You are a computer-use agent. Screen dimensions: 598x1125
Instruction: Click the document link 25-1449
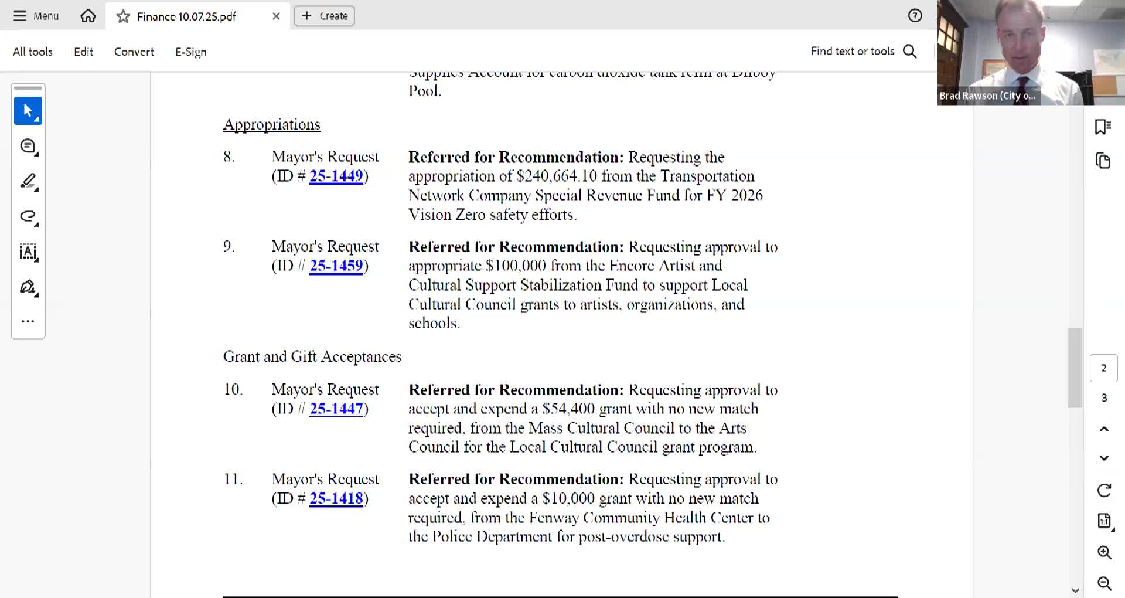(x=336, y=176)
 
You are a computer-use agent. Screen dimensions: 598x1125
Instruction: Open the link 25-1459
(x=336, y=266)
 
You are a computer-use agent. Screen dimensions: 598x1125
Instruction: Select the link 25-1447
(x=336, y=409)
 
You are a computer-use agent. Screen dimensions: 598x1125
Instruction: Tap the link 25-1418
(x=336, y=498)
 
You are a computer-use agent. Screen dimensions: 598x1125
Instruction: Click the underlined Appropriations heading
(x=271, y=124)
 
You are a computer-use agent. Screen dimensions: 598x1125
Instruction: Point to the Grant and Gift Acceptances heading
(x=312, y=356)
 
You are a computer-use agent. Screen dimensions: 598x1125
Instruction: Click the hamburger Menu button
(x=36, y=16)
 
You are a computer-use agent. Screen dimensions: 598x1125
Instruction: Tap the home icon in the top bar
(x=88, y=16)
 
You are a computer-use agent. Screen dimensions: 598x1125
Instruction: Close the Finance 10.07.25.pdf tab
(x=276, y=16)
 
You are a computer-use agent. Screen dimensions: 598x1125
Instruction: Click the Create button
(x=324, y=16)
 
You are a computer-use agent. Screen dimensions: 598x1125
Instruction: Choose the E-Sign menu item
(x=190, y=52)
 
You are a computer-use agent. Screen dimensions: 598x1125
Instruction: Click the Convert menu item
(x=134, y=52)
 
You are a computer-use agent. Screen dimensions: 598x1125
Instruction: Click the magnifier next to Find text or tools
(x=910, y=52)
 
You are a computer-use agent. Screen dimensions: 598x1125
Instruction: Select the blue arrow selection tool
(x=28, y=111)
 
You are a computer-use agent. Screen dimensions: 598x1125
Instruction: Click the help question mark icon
(x=915, y=16)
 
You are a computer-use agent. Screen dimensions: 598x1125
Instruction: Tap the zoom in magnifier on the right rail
(x=1104, y=552)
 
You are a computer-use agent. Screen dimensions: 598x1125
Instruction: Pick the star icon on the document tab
(x=123, y=16)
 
